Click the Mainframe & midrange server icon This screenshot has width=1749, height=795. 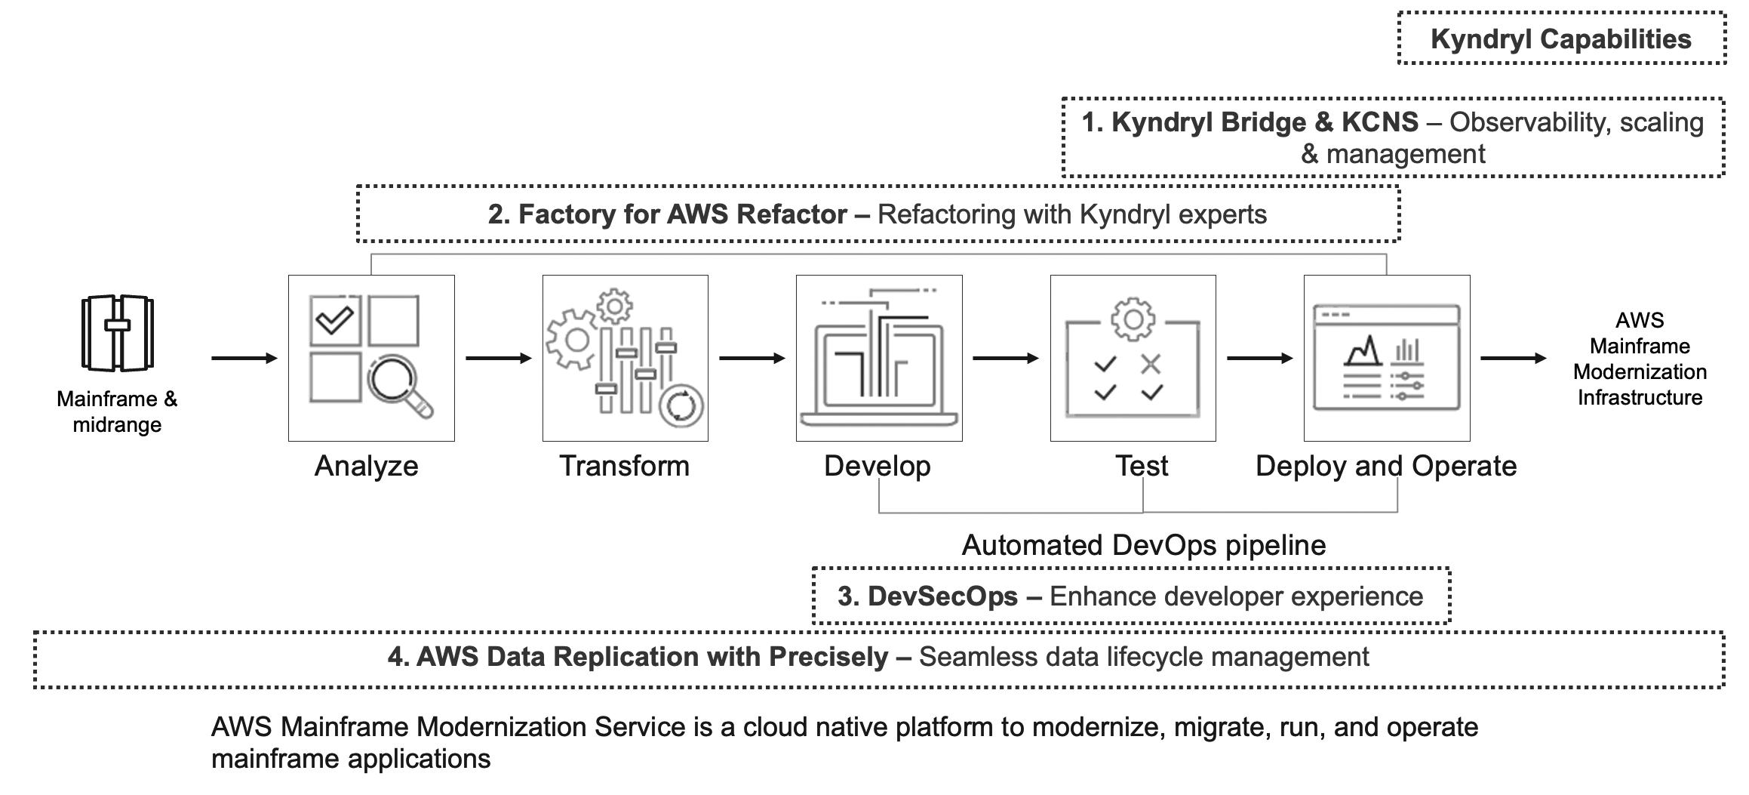click(117, 333)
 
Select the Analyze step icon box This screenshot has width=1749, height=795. click(371, 358)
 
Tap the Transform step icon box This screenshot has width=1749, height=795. click(625, 358)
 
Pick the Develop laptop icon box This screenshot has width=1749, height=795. click(879, 358)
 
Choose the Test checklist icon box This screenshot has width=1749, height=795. click(1133, 358)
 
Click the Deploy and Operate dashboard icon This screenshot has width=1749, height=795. click(1387, 358)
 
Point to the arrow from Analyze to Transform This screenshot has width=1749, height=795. click(498, 358)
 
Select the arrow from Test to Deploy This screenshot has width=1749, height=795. click(1259, 358)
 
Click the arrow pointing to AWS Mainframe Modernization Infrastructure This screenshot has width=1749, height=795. click(1513, 358)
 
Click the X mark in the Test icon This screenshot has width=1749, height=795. click(1151, 365)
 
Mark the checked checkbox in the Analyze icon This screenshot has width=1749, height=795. click(335, 321)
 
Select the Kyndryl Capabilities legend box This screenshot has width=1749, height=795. click(1561, 39)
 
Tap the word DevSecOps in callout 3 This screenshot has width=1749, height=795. click(942, 596)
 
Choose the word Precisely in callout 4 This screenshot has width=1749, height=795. click(828, 657)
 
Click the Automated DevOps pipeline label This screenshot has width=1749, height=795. click(1143, 545)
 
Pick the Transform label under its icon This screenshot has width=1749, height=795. click(624, 466)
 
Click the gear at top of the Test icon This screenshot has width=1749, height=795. click(1133, 319)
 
